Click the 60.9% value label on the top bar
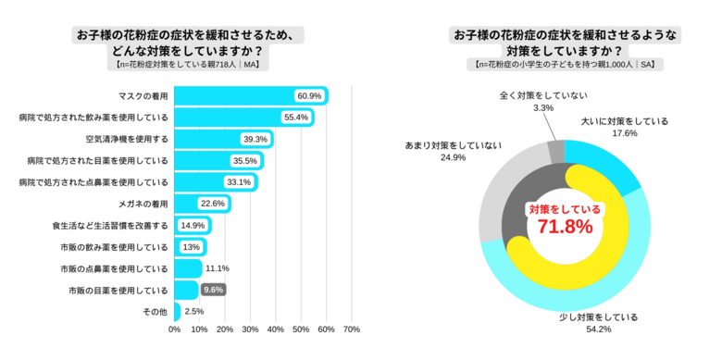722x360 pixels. point(309,96)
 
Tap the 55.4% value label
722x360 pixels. point(296,118)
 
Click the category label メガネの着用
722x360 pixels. point(143,204)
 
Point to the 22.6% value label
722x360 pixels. point(213,204)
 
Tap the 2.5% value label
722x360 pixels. point(194,312)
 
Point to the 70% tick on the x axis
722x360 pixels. point(351,329)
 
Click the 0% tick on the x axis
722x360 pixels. point(174,329)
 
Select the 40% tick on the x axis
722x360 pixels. point(275,329)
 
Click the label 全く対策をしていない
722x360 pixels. point(543,95)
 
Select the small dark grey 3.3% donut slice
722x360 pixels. point(555,151)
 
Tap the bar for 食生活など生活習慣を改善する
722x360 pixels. point(193,225)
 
